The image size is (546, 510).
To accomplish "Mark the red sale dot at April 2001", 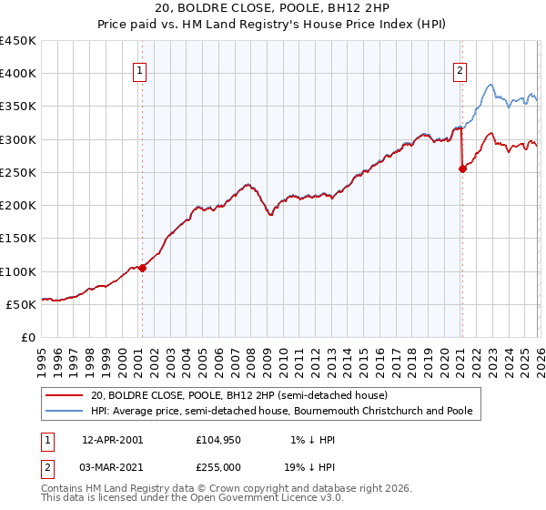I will (142, 268).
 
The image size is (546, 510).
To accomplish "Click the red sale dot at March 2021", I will (461, 168).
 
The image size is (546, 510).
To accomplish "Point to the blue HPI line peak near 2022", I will (490, 86).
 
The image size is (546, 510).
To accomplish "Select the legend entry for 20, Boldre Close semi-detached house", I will (238, 396).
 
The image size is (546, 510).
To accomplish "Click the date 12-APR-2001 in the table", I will (112, 439).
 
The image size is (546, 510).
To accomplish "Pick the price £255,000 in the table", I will (218, 466).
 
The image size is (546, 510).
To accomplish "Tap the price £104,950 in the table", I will (218, 439).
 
